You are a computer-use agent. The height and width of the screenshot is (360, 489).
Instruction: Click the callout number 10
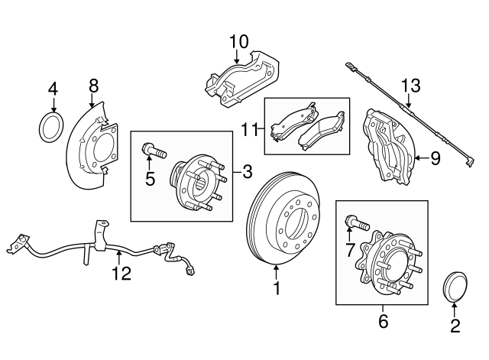click(239, 41)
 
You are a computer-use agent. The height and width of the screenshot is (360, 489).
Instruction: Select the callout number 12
click(121, 274)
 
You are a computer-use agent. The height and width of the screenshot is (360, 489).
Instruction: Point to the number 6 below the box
click(384, 321)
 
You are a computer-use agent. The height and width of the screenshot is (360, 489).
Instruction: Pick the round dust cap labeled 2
click(455, 287)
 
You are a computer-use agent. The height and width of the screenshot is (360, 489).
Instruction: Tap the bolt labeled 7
click(357, 222)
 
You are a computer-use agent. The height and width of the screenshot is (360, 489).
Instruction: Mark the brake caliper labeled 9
click(390, 147)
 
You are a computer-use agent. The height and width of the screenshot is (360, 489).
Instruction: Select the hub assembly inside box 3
click(199, 183)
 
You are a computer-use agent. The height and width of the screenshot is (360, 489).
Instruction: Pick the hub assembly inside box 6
click(389, 262)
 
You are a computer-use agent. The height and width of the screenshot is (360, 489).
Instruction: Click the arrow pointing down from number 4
click(54, 105)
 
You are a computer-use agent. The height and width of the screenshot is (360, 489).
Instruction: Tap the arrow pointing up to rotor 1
click(277, 271)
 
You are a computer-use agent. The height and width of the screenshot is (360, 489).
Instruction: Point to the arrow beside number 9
click(422, 158)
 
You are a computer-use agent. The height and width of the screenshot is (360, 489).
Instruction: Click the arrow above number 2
click(455, 310)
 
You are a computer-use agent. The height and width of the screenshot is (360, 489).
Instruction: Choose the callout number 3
click(248, 171)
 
